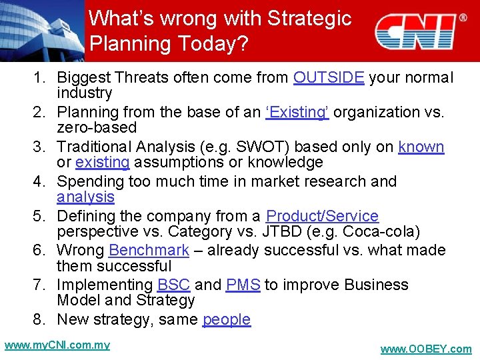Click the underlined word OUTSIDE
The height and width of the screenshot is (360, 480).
pyautogui.click(x=329, y=78)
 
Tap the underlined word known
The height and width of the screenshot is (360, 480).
pyautogui.click(x=421, y=147)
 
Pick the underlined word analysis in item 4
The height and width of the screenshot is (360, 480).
pyautogui.click(x=85, y=197)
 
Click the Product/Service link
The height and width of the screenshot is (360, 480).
pyautogui.click(x=322, y=217)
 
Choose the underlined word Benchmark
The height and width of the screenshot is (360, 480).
pyautogui.click(x=149, y=251)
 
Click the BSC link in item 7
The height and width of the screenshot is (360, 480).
pyautogui.click(x=174, y=285)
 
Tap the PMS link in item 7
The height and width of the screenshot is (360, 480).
pyautogui.click(x=243, y=285)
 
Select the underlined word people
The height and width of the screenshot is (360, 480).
pyautogui.click(x=227, y=320)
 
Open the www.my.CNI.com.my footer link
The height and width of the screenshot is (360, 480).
pyautogui.click(x=57, y=345)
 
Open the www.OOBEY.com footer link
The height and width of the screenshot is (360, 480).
pyautogui.click(x=425, y=349)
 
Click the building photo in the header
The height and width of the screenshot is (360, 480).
pyautogui.click(x=41, y=30)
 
